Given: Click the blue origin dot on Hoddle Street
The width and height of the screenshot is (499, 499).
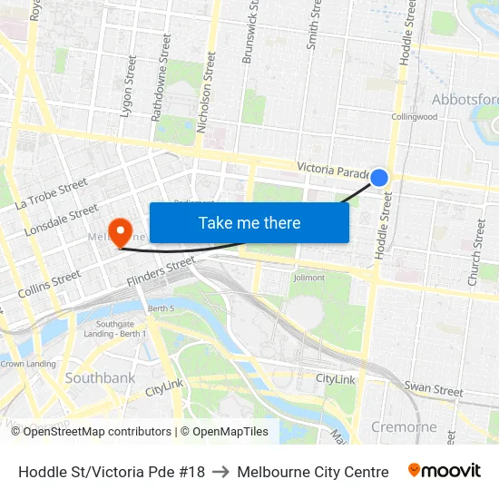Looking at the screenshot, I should pyautogui.click(x=380, y=178).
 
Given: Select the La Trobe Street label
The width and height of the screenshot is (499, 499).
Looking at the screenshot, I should pyautogui.click(x=51, y=193).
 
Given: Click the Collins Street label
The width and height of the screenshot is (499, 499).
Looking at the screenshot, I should pyautogui.click(x=48, y=284).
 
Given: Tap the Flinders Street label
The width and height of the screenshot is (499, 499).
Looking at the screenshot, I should pyautogui.click(x=161, y=270).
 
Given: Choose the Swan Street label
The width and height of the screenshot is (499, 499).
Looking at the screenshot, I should pyautogui.click(x=434, y=389).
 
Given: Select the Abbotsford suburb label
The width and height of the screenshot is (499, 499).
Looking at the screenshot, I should pyautogui.click(x=465, y=99).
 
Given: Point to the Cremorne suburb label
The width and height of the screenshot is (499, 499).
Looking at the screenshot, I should pyautogui.click(x=404, y=426).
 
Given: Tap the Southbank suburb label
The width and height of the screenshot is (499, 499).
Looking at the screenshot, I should pyautogui.click(x=100, y=377).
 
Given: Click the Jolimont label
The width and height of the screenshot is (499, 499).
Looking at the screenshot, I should pyautogui.click(x=308, y=278).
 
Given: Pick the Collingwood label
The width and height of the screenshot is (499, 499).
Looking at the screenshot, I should pyautogui.click(x=414, y=117).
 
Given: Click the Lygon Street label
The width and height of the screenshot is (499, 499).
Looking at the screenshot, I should pyautogui.click(x=127, y=87).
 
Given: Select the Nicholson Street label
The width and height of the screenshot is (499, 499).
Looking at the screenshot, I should pyautogui.click(x=206, y=93).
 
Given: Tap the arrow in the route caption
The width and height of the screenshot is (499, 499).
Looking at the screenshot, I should pyautogui.click(x=220, y=472).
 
